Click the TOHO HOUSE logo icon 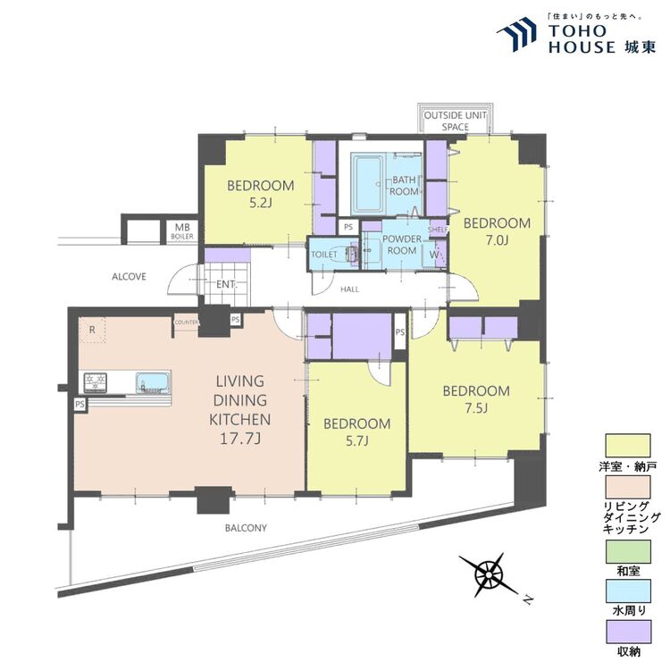[x=517, y=34]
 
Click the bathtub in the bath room [x=367, y=184]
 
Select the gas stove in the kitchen [x=96, y=381]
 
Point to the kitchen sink [x=153, y=382]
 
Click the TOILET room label [x=324, y=255]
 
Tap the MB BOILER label [x=182, y=231]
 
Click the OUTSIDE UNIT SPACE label [x=455, y=121]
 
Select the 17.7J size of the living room [x=240, y=439]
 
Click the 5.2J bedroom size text [x=261, y=203]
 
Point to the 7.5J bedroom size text [x=476, y=408]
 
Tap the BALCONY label [x=246, y=528]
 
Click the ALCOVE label [x=129, y=276]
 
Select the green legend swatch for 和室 [x=628, y=551]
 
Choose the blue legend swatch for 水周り [x=628, y=591]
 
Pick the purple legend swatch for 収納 [x=628, y=632]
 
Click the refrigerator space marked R [x=92, y=330]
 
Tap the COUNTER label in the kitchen [x=187, y=322]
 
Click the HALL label [x=349, y=289]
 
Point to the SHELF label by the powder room [x=438, y=230]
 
